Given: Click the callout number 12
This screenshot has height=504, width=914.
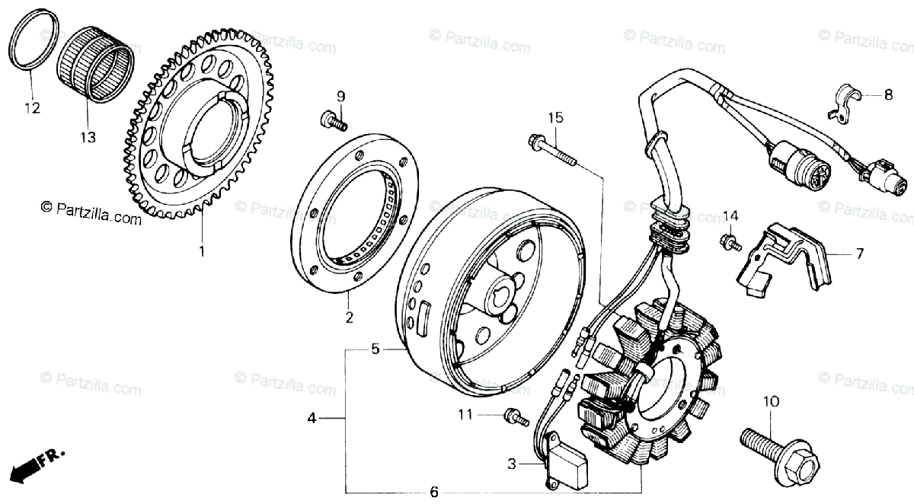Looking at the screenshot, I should click(x=31, y=108).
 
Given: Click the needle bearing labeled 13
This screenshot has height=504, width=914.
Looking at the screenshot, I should click(x=96, y=64).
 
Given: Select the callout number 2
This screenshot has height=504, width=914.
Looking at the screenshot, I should click(x=349, y=318).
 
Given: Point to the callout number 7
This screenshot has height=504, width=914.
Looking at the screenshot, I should click(x=859, y=254).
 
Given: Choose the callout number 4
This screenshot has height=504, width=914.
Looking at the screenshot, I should click(x=312, y=418).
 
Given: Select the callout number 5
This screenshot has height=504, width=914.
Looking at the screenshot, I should click(x=375, y=349).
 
